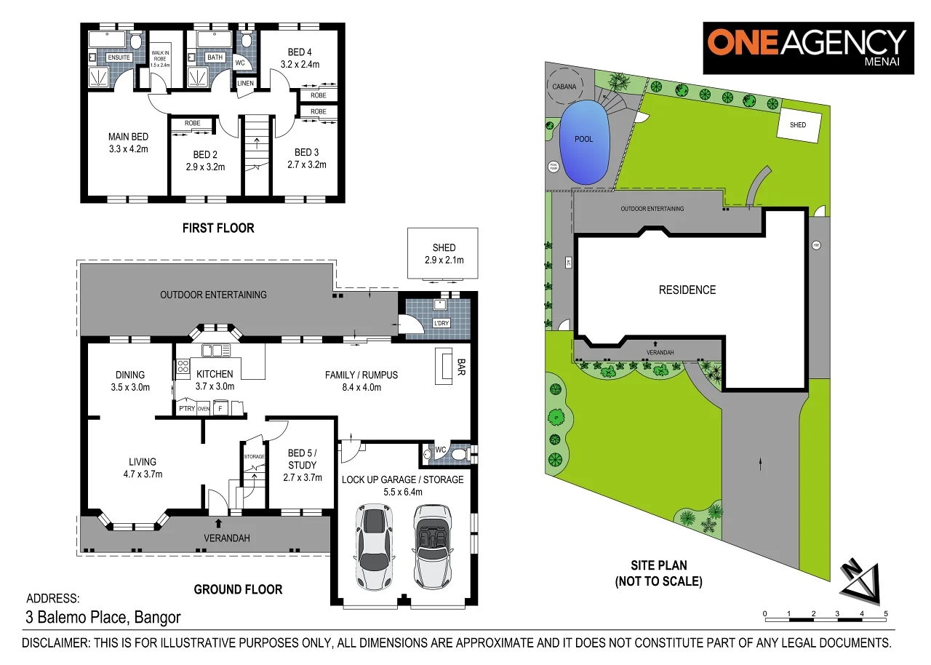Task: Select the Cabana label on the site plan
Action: [564, 86]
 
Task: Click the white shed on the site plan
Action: [798, 125]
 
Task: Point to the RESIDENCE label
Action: [687, 290]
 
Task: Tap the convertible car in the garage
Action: [433, 548]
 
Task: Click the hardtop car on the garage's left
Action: [374, 548]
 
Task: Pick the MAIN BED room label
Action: [128, 137]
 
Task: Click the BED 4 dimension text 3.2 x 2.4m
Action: [299, 64]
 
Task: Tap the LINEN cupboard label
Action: [246, 84]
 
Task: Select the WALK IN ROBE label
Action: [159, 55]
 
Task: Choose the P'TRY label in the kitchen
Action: [185, 409]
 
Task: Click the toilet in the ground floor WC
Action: [457, 455]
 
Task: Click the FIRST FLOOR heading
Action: [218, 228]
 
